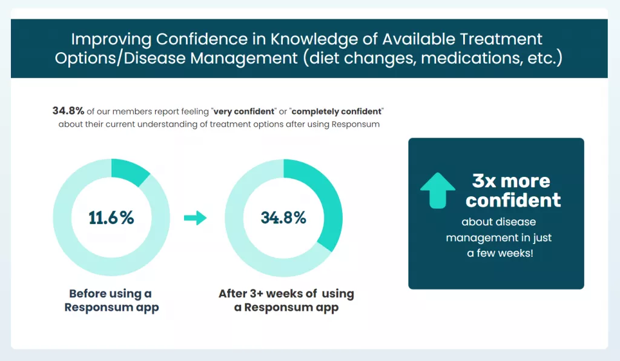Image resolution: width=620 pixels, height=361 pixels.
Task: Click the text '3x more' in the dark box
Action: click(x=511, y=181)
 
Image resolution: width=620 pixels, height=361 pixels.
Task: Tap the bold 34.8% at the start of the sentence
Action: click(x=68, y=111)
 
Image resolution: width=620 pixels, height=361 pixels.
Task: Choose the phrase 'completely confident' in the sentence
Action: click(x=338, y=112)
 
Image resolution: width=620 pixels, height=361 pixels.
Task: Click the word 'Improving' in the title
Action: click(x=110, y=39)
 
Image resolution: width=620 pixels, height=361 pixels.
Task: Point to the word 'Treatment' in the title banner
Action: click(x=504, y=39)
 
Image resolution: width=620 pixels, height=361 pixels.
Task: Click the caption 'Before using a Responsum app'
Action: click(x=111, y=300)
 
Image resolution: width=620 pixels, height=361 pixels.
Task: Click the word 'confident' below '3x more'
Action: click(x=513, y=200)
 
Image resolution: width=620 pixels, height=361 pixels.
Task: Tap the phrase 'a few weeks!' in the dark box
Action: click(x=500, y=253)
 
